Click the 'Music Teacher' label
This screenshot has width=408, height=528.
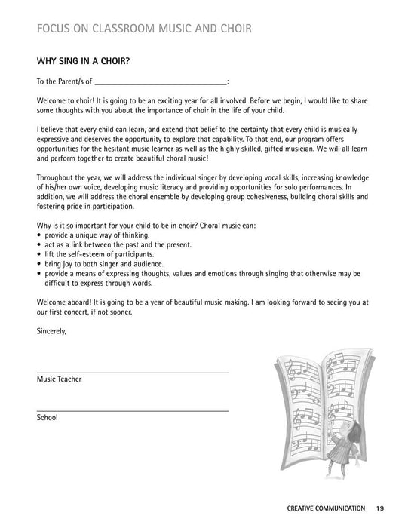(x=59, y=379)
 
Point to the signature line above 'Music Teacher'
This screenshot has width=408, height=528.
(x=132, y=372)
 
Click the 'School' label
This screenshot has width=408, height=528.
(x=47, y=417)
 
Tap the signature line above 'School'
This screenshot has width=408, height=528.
(x=132, y=410)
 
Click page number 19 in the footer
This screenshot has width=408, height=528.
(x=380, y=508)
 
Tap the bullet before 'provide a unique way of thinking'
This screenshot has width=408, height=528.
(x=38, y=235)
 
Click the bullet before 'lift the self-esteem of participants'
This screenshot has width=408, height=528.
(x=38, y=255)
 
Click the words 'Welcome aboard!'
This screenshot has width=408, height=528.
(x=65, y=301)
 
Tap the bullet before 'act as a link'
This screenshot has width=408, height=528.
(x=38, y=245)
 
